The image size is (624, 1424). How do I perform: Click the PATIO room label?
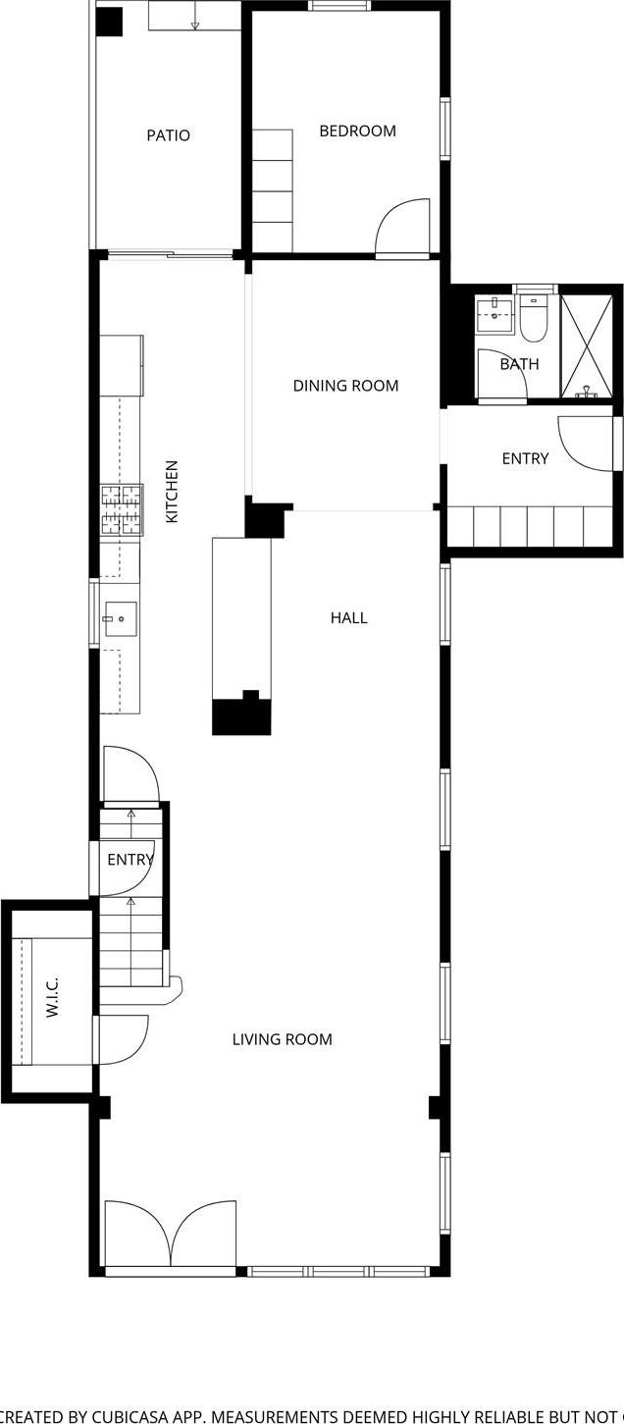[x=168, y=135]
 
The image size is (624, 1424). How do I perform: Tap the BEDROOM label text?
[x=357, y=131]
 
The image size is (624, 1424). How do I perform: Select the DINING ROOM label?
[x=345, y=386]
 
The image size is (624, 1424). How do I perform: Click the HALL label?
[x=348, y=617]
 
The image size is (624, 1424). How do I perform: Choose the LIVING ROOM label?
[x=282, y=1039]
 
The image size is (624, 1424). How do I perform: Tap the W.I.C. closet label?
[x=53, y=996]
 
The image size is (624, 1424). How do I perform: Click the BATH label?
[x=519, y=364]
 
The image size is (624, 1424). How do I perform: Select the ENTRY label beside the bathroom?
[x=525, y=458]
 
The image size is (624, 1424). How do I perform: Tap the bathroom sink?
[x=495, y=315]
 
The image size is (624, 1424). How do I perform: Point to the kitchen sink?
[x=120, y=619]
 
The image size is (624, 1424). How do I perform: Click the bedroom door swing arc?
[x=403, y=227]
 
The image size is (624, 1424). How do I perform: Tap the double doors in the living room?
[x=171, y=1236]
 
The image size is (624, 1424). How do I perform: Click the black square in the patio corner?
[x=109, y=23]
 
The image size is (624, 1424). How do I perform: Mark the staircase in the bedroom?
[x=273, y=190]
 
